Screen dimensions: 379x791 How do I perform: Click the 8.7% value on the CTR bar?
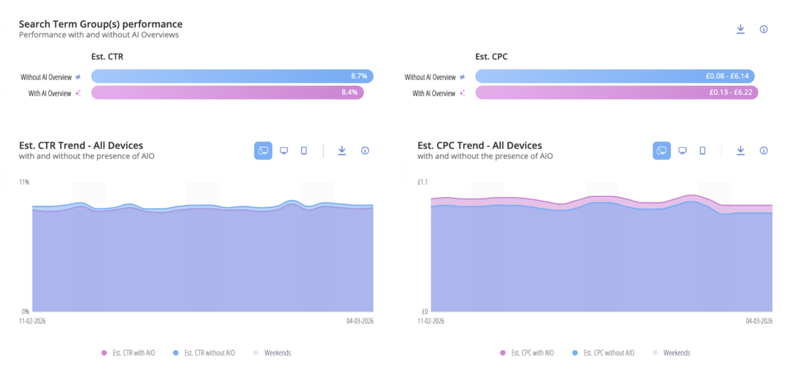[x=359, y=76]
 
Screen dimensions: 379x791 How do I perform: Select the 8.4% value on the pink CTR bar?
[x=349, y=93]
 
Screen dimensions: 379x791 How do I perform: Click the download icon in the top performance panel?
[x=740, y=29]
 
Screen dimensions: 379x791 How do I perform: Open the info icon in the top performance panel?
[x=763, y=29]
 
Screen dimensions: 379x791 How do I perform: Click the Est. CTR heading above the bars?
[x=107, y=57]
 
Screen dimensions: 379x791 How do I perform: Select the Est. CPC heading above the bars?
[x=491, y=57]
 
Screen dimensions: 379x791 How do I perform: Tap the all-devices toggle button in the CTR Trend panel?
[x=263, y=150]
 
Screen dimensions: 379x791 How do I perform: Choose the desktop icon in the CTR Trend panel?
[x=283, y=150]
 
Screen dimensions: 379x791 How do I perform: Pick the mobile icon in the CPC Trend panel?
[x=702, y=150]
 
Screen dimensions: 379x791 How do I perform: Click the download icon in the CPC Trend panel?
[x=740, y=150]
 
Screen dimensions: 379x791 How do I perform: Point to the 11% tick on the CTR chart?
[x=24, y=181]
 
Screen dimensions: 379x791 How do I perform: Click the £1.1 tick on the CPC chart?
[x=423, y=181]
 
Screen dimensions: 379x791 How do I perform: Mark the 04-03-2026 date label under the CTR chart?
[x=360, y=321]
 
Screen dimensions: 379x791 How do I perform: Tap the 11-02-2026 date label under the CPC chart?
[x=431, y=321]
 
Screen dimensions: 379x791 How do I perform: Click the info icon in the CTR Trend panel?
[x=365, y=150]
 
